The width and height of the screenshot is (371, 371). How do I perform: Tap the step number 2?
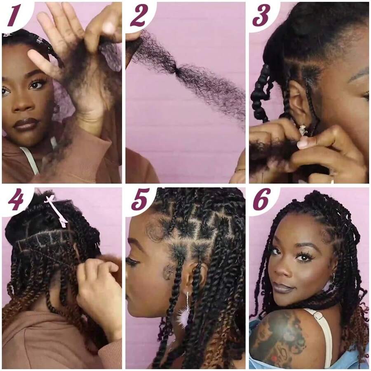point(139,16)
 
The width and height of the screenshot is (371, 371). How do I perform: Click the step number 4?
point(15,200)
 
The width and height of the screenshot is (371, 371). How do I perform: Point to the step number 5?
point(139,200)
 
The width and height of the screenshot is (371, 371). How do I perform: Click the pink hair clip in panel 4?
point(57,211)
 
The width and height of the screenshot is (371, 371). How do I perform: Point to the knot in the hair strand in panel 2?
point(178,71)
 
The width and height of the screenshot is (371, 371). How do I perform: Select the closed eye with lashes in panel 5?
point(133,261)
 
